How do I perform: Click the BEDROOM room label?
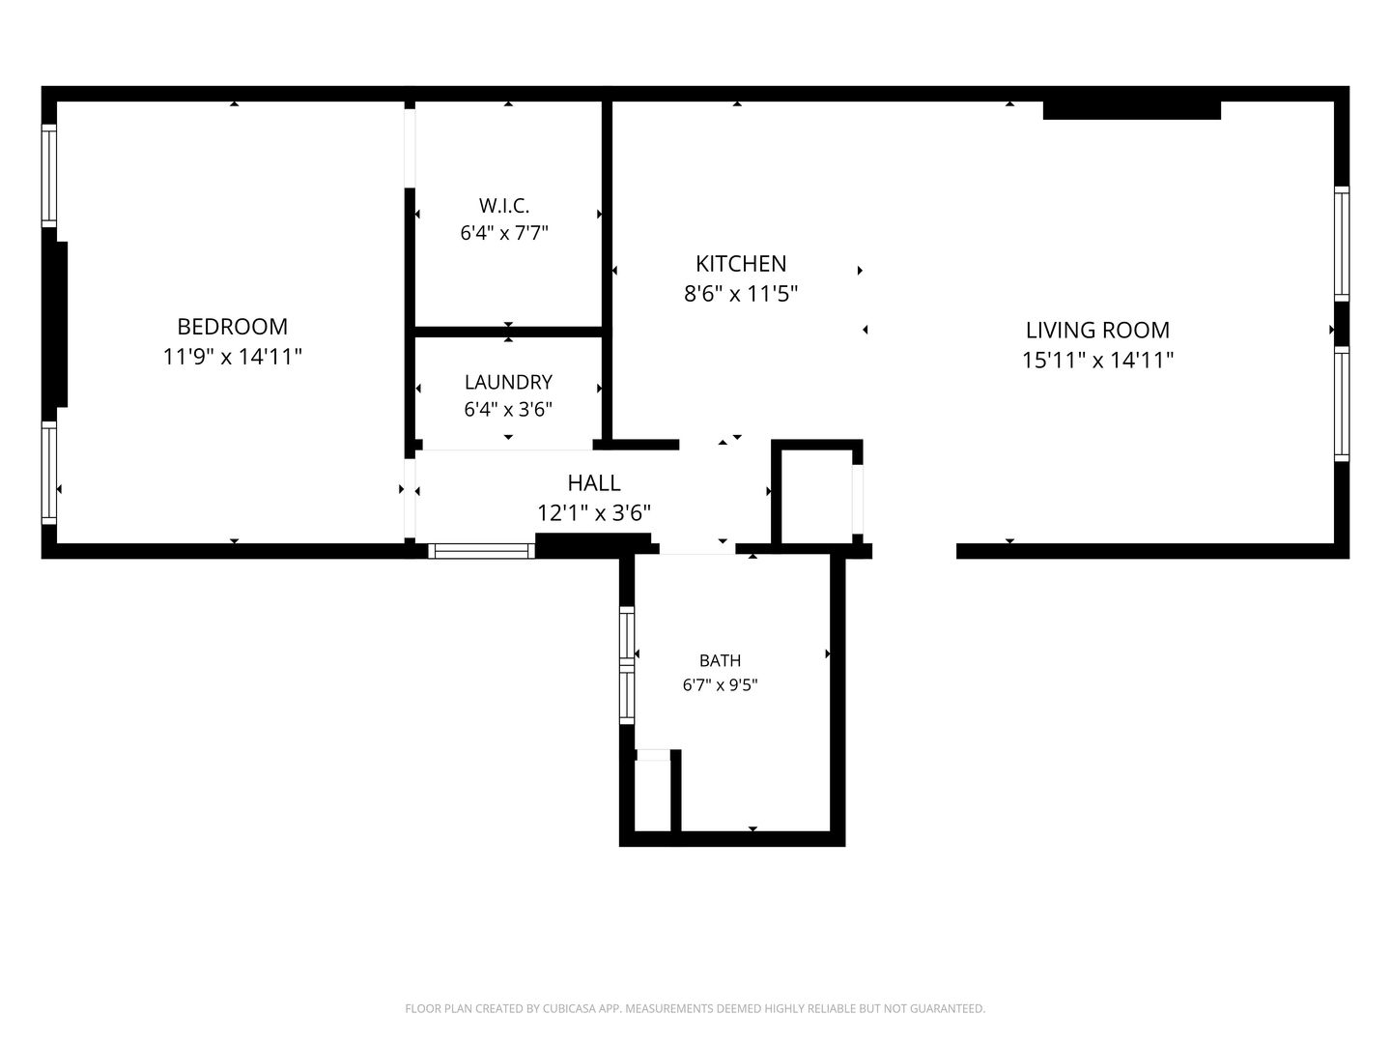(232, 327)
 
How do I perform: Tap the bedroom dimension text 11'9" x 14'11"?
(232, 357)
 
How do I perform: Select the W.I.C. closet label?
(504, 205)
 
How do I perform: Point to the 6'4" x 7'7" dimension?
(504, 233)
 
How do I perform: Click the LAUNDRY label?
(508, 382)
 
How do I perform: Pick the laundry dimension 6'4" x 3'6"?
(508, 409)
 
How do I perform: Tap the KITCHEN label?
(741, 263)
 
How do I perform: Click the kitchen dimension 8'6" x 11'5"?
(741, 294)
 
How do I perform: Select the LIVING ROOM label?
(1097, 330)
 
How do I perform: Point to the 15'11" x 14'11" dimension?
(1097, 360)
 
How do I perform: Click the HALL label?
(594, 483)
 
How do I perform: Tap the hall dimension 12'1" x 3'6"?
(594, 512)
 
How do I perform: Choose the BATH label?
(720, 660)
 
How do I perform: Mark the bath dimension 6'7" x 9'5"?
(720, 684)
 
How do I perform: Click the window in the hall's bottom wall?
(481, 551)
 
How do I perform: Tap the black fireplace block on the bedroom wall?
(55, 324)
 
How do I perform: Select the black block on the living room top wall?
(1132, 109)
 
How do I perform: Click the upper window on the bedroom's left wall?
(49, 175)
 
